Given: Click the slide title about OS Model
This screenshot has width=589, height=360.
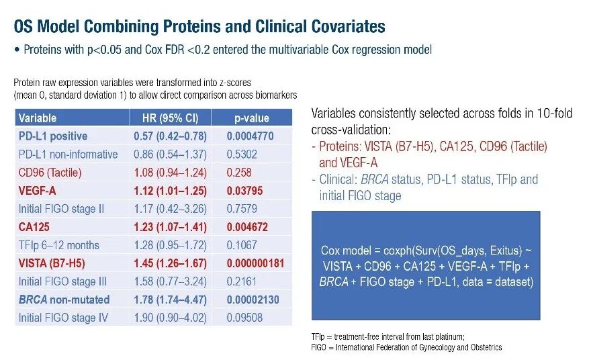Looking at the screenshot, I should tap(199, 27).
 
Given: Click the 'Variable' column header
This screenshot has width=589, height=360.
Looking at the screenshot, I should tap(38, 118).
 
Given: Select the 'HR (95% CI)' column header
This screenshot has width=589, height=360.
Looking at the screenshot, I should tap(170, 118).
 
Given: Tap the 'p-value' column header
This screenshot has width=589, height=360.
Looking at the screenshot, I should tap(251, 118).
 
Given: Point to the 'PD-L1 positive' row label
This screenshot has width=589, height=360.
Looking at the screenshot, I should tap(53, 136).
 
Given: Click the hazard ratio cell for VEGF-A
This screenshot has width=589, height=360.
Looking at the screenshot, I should tap(170, 191).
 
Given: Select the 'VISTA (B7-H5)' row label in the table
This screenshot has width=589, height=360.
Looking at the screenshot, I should tap(52, 263).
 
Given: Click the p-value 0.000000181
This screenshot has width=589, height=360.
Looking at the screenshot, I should tap(255, 263).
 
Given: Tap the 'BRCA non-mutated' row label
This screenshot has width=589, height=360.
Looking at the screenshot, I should tap(64, 300).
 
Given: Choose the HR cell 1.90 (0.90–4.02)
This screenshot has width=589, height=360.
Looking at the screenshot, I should tap(170, 318).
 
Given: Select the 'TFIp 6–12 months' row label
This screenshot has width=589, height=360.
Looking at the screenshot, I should tap(59, 245).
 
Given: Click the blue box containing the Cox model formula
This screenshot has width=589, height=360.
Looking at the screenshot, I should tap(426, 266).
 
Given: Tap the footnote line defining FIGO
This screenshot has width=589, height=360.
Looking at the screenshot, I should tap(406, 347).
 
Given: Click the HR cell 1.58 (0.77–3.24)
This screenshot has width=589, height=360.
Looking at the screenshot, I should tap(170, 281).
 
